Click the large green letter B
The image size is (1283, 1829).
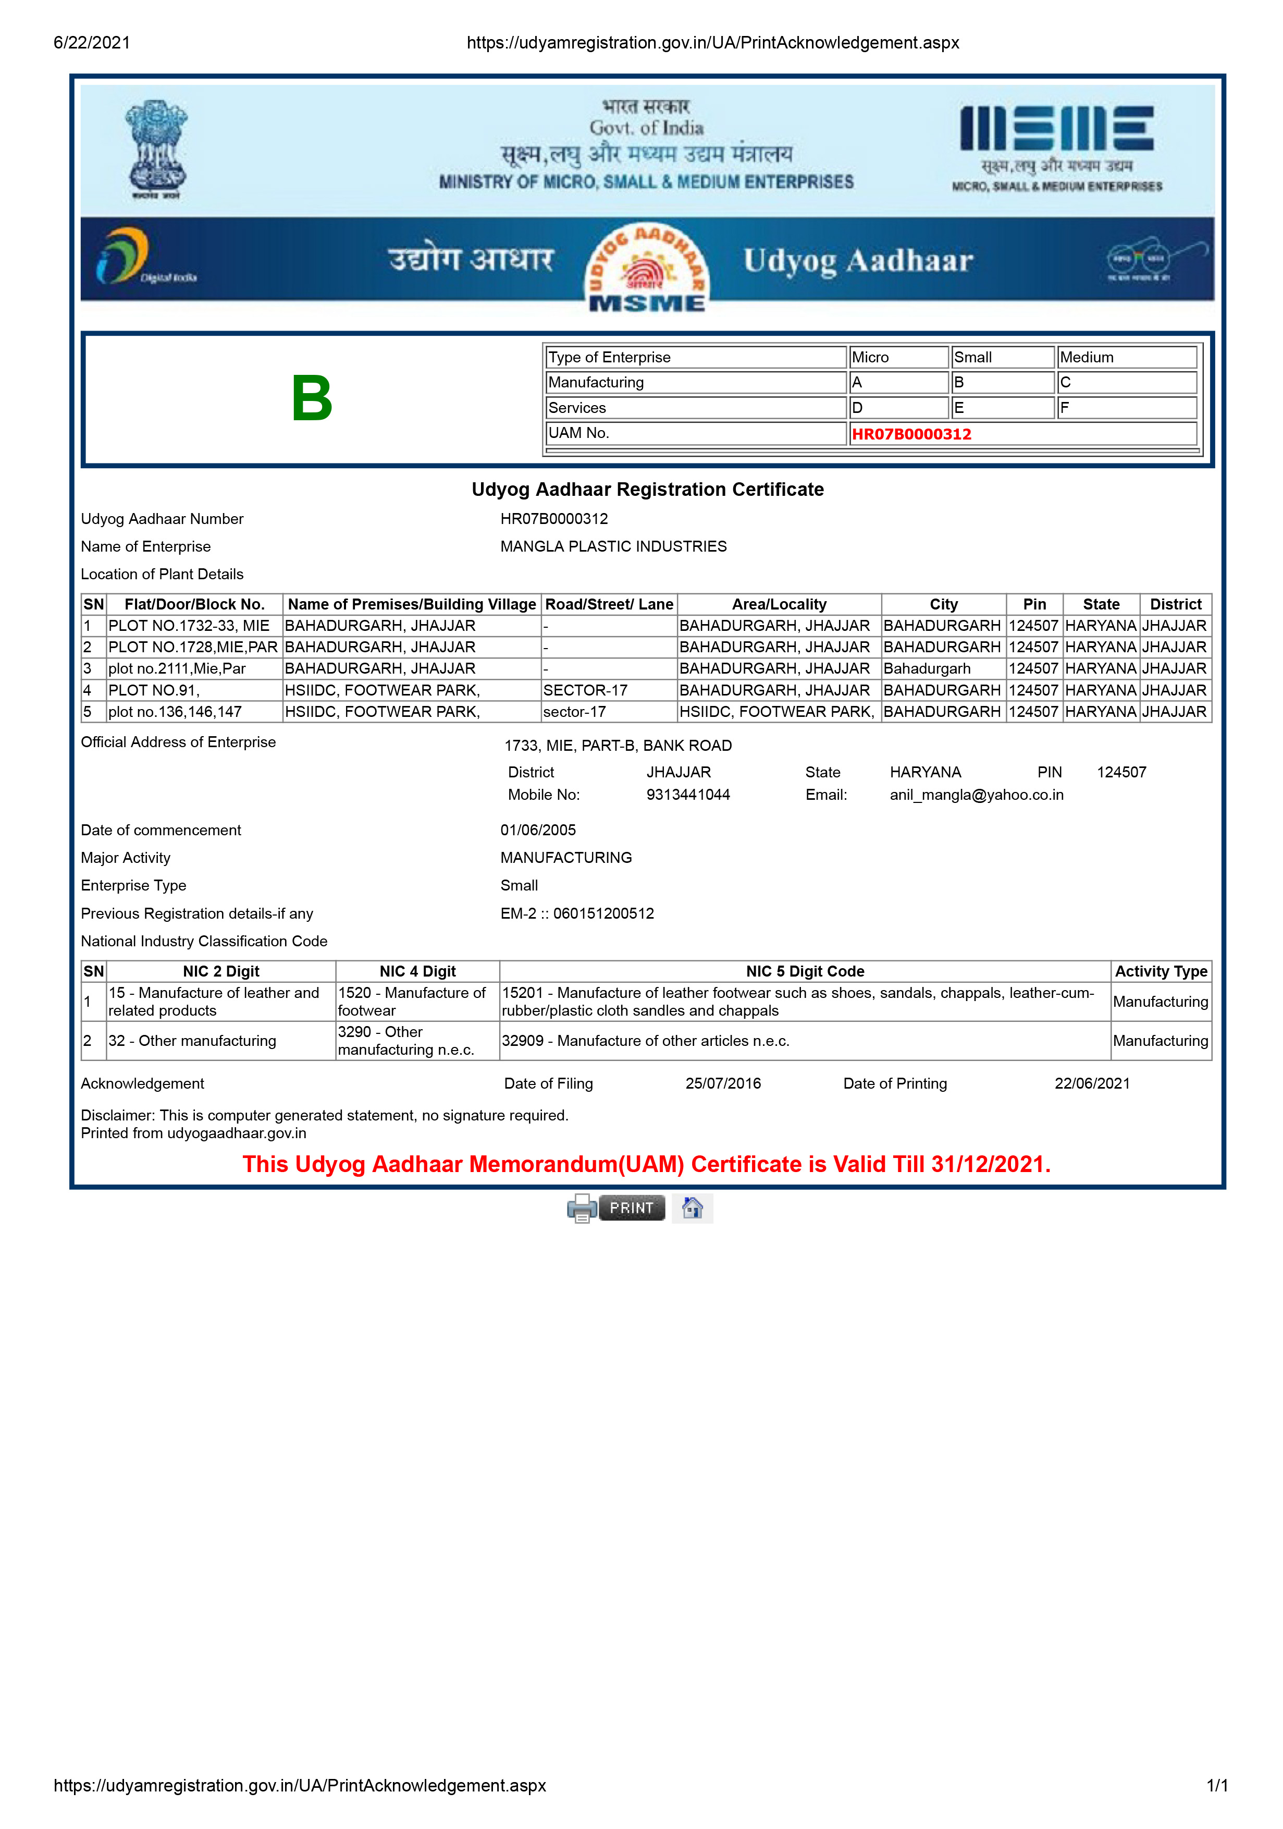coord(312,398)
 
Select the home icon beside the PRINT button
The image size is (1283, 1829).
coord(692,1208)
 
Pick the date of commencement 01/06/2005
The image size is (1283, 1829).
coord(538,830)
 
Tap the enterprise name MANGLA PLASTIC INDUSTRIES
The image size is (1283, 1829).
coord(613,546)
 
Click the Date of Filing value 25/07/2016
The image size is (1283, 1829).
coord(722,1083)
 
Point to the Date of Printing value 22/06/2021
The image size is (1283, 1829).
coord(1091,1083)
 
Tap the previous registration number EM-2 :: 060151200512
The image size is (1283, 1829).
coord(576,913)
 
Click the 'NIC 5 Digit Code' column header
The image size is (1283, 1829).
coord(805,971)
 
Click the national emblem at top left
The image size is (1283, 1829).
coord(156,149)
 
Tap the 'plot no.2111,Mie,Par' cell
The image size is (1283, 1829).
coord(177,668)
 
